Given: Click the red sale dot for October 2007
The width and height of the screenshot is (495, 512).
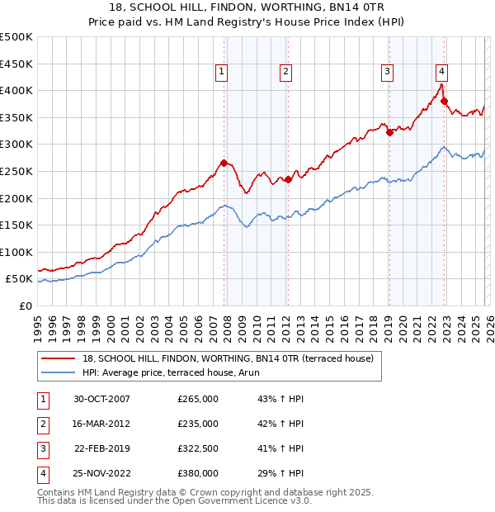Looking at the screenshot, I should [224, 163].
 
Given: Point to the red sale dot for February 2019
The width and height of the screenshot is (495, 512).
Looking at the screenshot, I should [389, 132].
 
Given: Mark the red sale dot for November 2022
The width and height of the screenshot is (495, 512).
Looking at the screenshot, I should [444, 102].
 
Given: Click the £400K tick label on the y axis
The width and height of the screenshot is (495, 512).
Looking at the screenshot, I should [16, 90].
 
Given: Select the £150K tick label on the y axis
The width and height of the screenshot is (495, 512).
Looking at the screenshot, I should [16, 225].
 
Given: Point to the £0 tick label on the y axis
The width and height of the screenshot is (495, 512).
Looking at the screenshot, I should [24, 306].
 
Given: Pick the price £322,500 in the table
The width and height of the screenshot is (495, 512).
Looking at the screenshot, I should [198, 448].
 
